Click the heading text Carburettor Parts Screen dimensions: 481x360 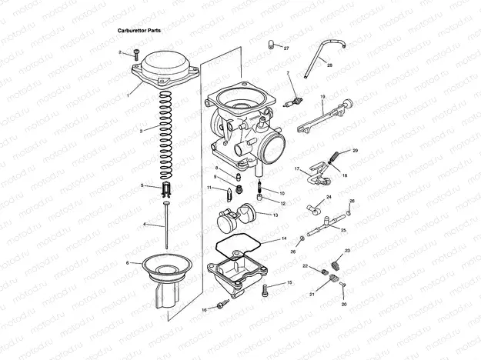139,30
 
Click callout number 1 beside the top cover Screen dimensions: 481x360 128,95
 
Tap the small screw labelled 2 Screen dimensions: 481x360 135,54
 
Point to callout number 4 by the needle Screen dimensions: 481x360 144,224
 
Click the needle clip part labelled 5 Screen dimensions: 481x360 166,188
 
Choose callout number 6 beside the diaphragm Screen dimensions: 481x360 127,263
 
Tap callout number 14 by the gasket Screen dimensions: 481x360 284,239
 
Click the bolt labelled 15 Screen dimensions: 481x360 268,290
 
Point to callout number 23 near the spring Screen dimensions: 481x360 347,251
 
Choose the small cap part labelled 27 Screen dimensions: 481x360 272,45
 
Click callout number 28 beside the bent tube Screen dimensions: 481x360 330,65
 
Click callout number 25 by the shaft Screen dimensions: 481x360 344,229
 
